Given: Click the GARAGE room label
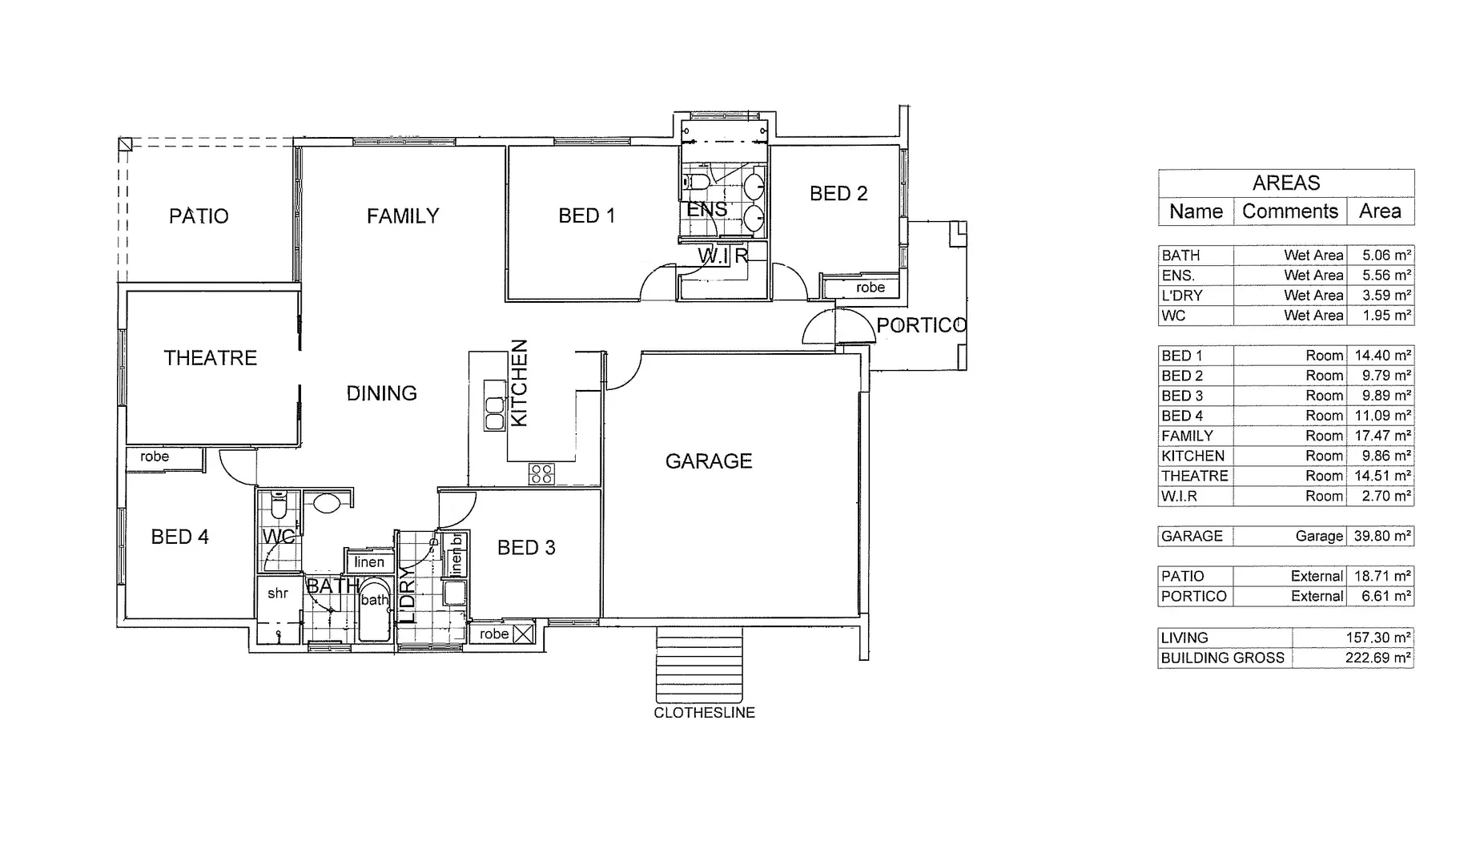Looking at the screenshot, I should tap(708, 461).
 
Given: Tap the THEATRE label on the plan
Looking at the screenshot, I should tap(210, 358).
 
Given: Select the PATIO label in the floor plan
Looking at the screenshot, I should tap(199, 216).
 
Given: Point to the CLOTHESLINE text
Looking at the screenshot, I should tap(704, 713).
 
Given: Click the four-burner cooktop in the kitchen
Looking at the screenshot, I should tap(541, 473).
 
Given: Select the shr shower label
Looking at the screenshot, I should tap(278, 593).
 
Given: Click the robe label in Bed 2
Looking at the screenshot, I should tap(870, 288).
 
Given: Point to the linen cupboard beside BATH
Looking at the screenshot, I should tap(369, 562).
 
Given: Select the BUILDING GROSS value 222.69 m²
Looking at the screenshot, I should tap(1377, 658).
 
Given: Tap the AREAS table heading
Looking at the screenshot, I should tap(1285, 183).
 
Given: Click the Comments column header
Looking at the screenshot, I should tap(1289, 211).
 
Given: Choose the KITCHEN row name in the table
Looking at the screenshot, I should tap(1192, 456).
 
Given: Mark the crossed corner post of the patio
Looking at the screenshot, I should tap(125, 144).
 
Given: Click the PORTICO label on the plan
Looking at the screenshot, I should tap(921, 326).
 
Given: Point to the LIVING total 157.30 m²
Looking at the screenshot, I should tap(1377, 638).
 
